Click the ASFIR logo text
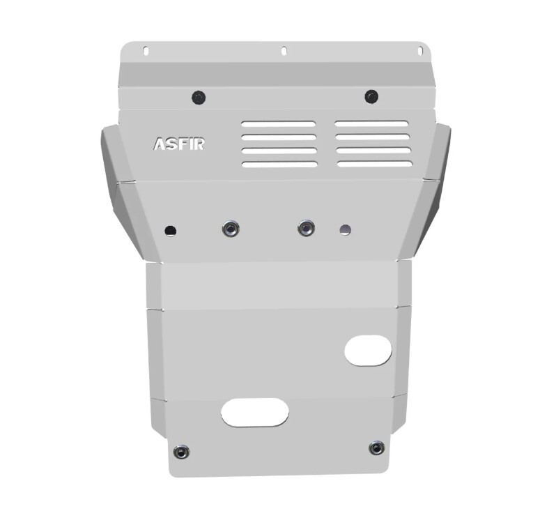tap(178, 144)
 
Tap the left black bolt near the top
tap(199, 97)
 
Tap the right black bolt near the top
tap(371, 96)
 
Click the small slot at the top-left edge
tap(146, 51)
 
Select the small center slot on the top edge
tap(284, 51)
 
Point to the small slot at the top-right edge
tap(419, 50)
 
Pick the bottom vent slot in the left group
tap(279, 165)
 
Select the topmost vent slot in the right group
tap(371, 124)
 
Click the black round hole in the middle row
tap(171, 230)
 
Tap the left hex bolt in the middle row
tap(231, 229)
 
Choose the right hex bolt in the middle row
tap(306, 228)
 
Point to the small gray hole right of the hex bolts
tap(345, 229)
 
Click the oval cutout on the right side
tap(368, 350)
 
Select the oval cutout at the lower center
tap(255, 413)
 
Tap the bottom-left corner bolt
tap(180, 452)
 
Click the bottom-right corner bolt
tap(377, 448)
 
